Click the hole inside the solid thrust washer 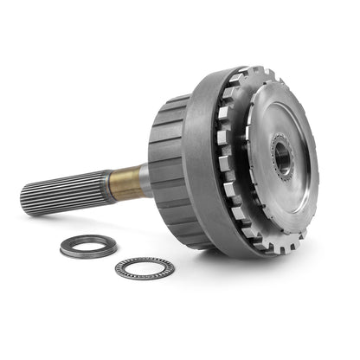[x=88, y=246]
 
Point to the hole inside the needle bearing [x=144, y=268]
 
